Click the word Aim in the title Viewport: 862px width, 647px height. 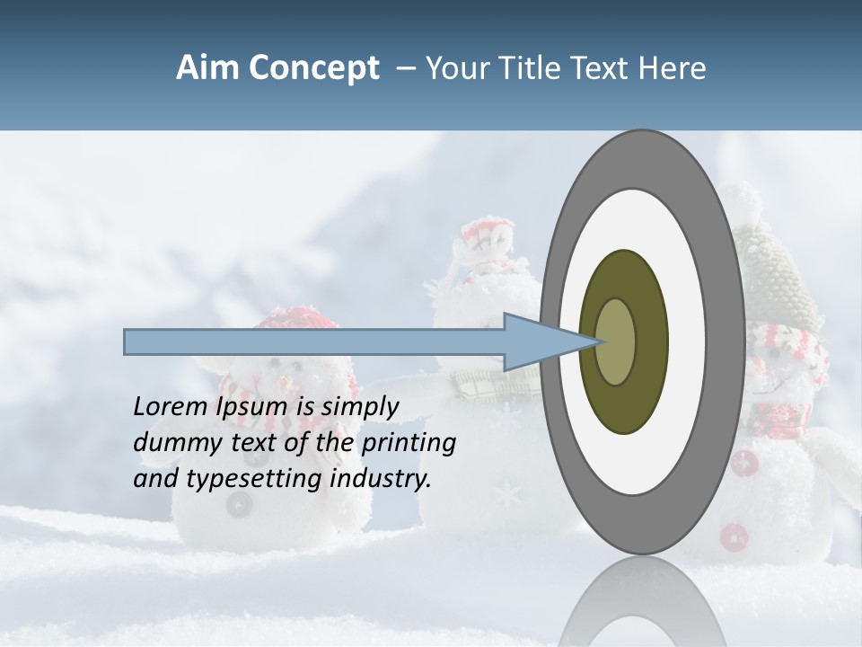pyautogui.click(x=207, y=68)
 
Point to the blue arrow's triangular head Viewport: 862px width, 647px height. pyautogui.click(x=539, y=341)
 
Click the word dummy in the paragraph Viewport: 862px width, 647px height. pyautogui.click(x=171, y=443)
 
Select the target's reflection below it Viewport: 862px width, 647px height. pyautogui.click(x=642, y=602)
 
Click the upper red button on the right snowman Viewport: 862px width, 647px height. pyautogui.click(x=744, y=464)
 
